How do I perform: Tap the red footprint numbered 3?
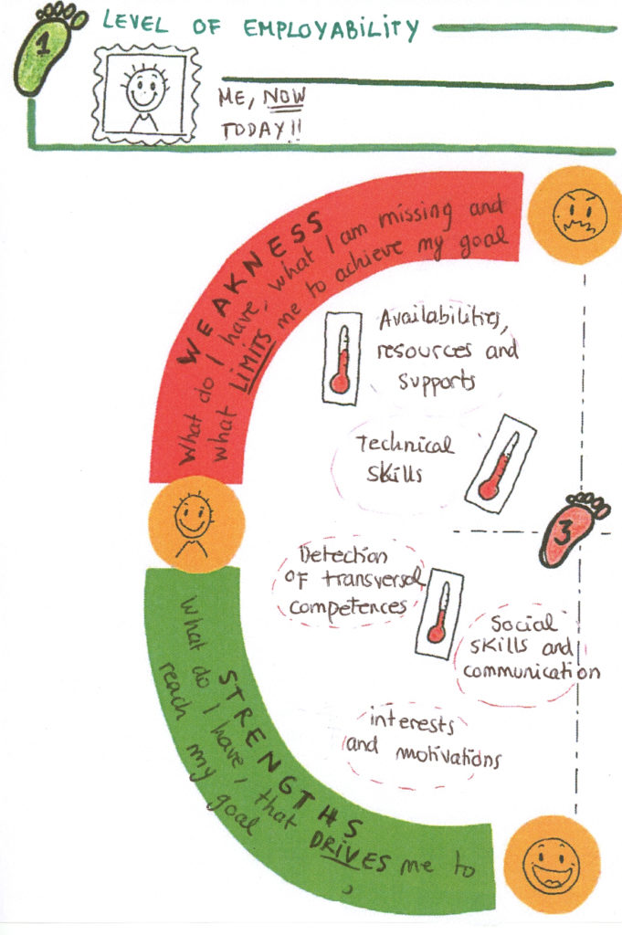point(571,529)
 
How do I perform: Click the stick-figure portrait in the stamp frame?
point(145,94)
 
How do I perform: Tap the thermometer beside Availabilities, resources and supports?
point(342,357)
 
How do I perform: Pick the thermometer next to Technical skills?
point(500,463)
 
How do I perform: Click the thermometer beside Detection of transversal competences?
point(439,613)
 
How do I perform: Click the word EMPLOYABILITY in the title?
point(332,28)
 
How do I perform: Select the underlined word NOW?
point(284,98)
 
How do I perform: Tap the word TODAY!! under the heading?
point(261,130)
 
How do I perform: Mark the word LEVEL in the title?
point(135,23)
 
